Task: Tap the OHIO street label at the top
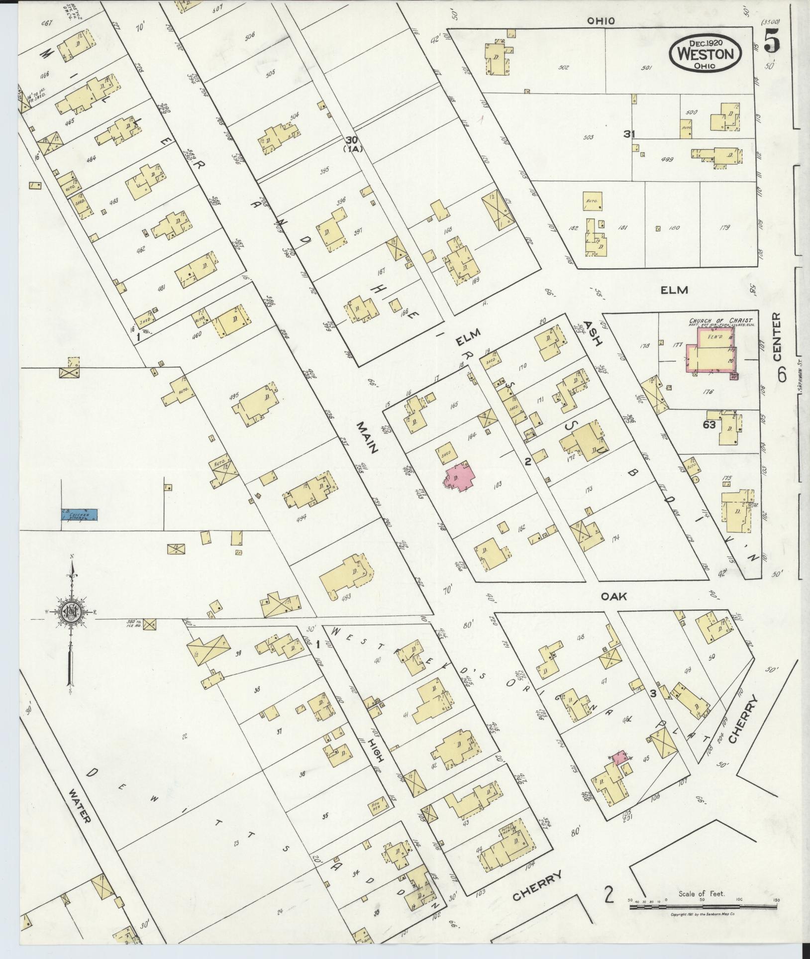[x=601, y=21]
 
